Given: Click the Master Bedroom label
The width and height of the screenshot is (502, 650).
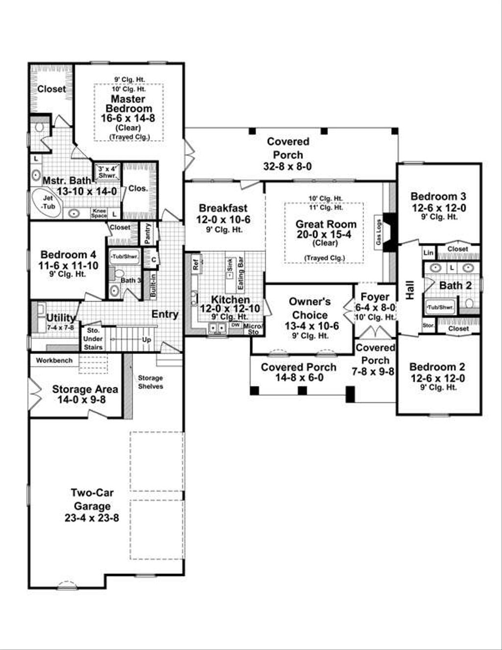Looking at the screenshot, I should pos(128,103).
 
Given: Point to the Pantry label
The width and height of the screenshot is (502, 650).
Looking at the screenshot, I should pos(148,233).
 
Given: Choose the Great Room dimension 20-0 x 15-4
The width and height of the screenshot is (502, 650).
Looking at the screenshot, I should pos(326,234).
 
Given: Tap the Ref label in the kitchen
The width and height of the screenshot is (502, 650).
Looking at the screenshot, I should pos(196,265).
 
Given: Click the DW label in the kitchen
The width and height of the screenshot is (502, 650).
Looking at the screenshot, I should pos(235,325).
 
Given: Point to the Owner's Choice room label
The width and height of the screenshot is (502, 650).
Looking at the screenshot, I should pos(309,308).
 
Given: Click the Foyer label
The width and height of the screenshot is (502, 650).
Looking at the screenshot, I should pos(375,297).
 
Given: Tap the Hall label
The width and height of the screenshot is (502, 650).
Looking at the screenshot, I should pos(410,290).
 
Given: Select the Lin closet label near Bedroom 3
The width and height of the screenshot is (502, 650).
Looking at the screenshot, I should pos(428,252).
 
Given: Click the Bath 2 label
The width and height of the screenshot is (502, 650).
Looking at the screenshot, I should pos(455,285).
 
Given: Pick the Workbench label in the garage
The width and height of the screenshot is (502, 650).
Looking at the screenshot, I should pos(54,360).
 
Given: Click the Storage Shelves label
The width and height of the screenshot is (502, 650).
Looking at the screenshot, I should pos(150,382).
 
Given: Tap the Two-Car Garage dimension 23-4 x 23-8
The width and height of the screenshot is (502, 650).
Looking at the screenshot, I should pos(92,517).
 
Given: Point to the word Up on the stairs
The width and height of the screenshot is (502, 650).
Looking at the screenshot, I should pos(147,339).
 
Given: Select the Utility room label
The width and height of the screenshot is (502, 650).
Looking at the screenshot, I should pos(61,318).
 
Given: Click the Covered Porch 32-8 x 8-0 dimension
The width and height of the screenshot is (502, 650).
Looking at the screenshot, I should pos(288,166).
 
